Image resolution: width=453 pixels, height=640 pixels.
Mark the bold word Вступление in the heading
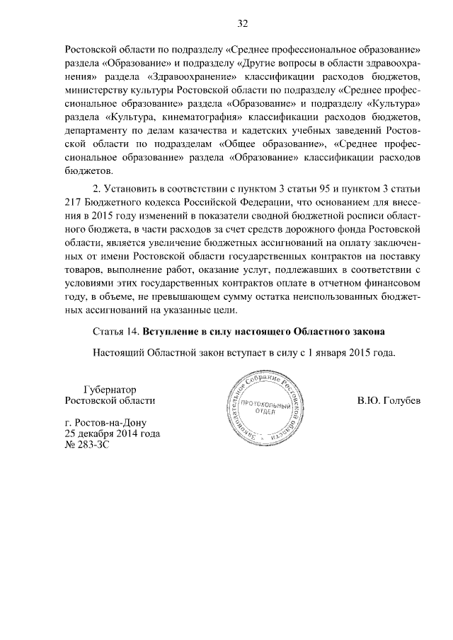point(172,331)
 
